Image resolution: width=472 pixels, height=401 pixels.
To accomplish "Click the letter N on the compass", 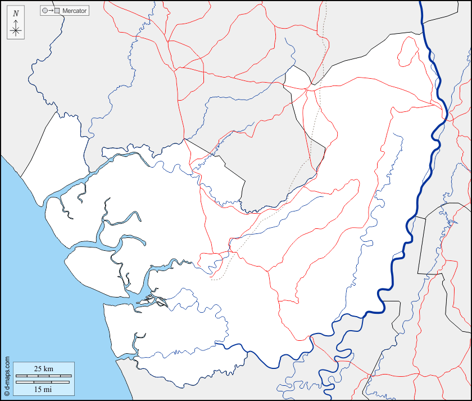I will pos(16,13).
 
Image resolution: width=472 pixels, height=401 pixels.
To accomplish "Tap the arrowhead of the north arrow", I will pos(16,21).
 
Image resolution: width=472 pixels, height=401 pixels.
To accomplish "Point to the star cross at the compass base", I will pos(16,31).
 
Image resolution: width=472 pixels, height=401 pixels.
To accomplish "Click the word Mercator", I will pos(75,11).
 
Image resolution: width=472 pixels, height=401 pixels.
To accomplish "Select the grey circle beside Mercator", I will pos(45,11).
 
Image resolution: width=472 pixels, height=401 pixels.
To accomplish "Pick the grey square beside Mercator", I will pos(57,11).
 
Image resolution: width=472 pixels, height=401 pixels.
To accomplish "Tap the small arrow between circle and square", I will pos(51,11).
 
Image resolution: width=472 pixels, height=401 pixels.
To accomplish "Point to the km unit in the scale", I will pos(48,369).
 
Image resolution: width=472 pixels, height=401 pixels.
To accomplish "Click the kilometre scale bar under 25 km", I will pos(43,375).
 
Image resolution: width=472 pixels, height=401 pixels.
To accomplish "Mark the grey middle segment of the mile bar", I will pos(43,382).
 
